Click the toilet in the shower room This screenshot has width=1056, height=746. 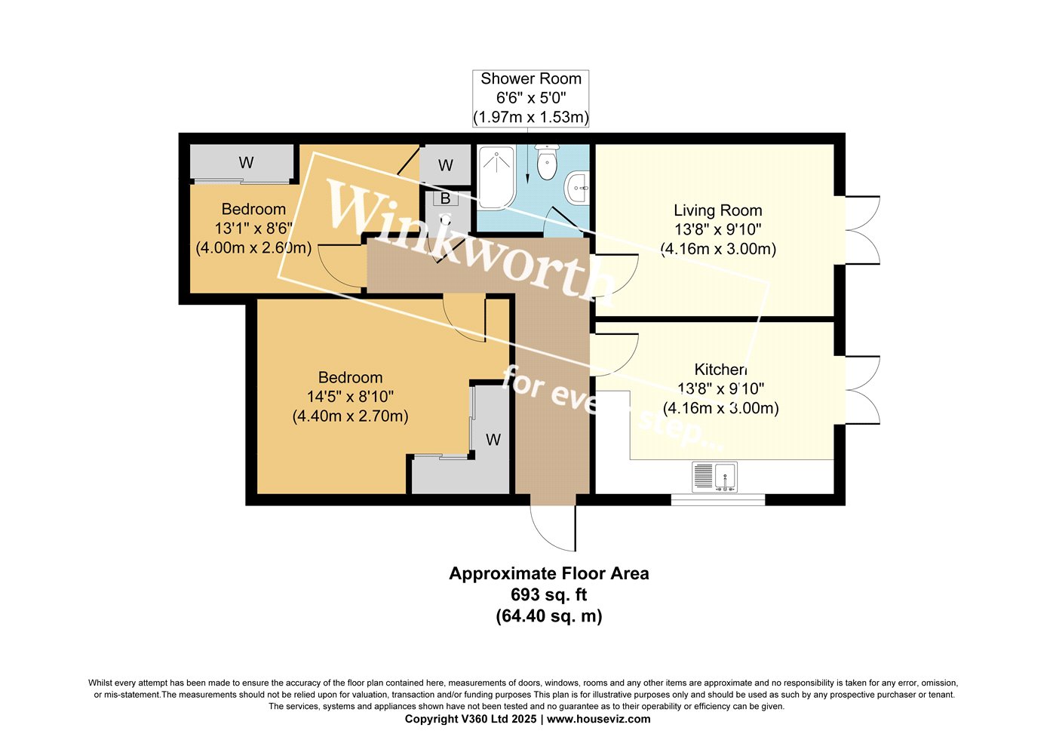pos(547,161)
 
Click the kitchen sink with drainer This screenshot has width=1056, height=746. pos(715,477)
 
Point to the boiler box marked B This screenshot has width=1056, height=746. pos(445,198)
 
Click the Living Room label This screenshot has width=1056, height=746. pos(717,210)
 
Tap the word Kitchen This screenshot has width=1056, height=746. pos(721,369)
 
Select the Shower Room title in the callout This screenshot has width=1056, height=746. pos(531,78)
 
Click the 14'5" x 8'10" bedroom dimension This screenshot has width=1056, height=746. pos(350,397)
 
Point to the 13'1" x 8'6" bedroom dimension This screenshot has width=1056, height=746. pos(253,229)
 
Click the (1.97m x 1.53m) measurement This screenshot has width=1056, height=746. pos(531,117)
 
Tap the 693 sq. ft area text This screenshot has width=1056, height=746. pos(549,594)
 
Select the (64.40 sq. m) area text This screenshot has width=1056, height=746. pos(549,616)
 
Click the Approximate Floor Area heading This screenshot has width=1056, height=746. pos(549,573)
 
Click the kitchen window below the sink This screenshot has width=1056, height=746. pos(718,500)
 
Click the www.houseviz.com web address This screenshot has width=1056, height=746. pos(599,719)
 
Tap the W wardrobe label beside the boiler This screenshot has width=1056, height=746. pos(446,165)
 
